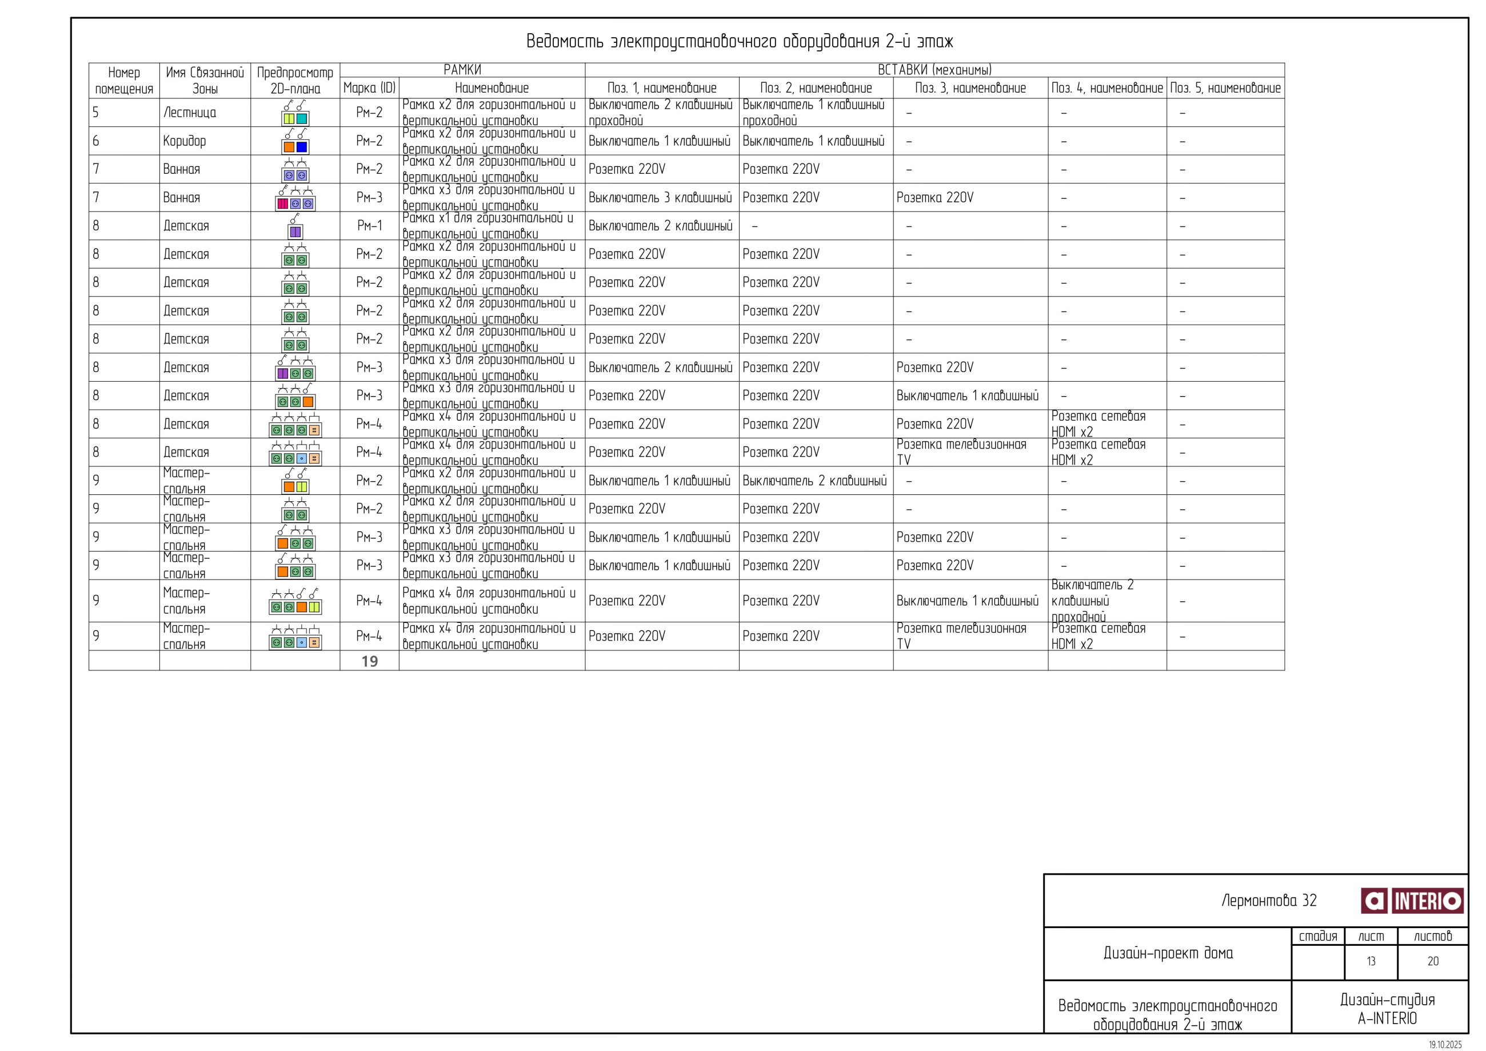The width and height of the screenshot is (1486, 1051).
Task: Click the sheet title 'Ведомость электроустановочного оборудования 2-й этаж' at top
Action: tap(739, 41)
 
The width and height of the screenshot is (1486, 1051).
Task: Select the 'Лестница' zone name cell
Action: tap(190, 113)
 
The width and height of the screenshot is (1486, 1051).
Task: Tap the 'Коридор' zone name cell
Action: tap(185, 141)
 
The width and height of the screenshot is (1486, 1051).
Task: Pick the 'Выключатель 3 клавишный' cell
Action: tap(660, 197)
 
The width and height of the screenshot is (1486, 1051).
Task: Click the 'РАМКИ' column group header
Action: tap(462, 70)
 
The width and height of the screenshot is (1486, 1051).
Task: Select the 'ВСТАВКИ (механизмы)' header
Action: tap(934, 70)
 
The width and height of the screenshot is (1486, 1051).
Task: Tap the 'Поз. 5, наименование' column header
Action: tap(1225, 88)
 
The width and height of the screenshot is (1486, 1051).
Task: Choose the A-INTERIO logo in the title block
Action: tap(1412, 900)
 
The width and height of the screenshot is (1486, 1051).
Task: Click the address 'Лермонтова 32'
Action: tap(1269, 900)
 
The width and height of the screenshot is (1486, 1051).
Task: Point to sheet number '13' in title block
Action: tap(1371, 961)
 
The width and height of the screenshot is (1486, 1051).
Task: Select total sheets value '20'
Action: tap(1433, 961)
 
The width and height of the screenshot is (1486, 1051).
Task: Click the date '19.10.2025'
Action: tap(1445, 1045)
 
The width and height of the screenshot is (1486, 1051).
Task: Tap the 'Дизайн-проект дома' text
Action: tap(1168, 953)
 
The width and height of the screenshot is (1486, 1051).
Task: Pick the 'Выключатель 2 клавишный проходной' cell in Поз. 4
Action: tap(1092, 601)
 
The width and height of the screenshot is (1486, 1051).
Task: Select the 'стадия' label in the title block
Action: tap(1318, 936)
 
